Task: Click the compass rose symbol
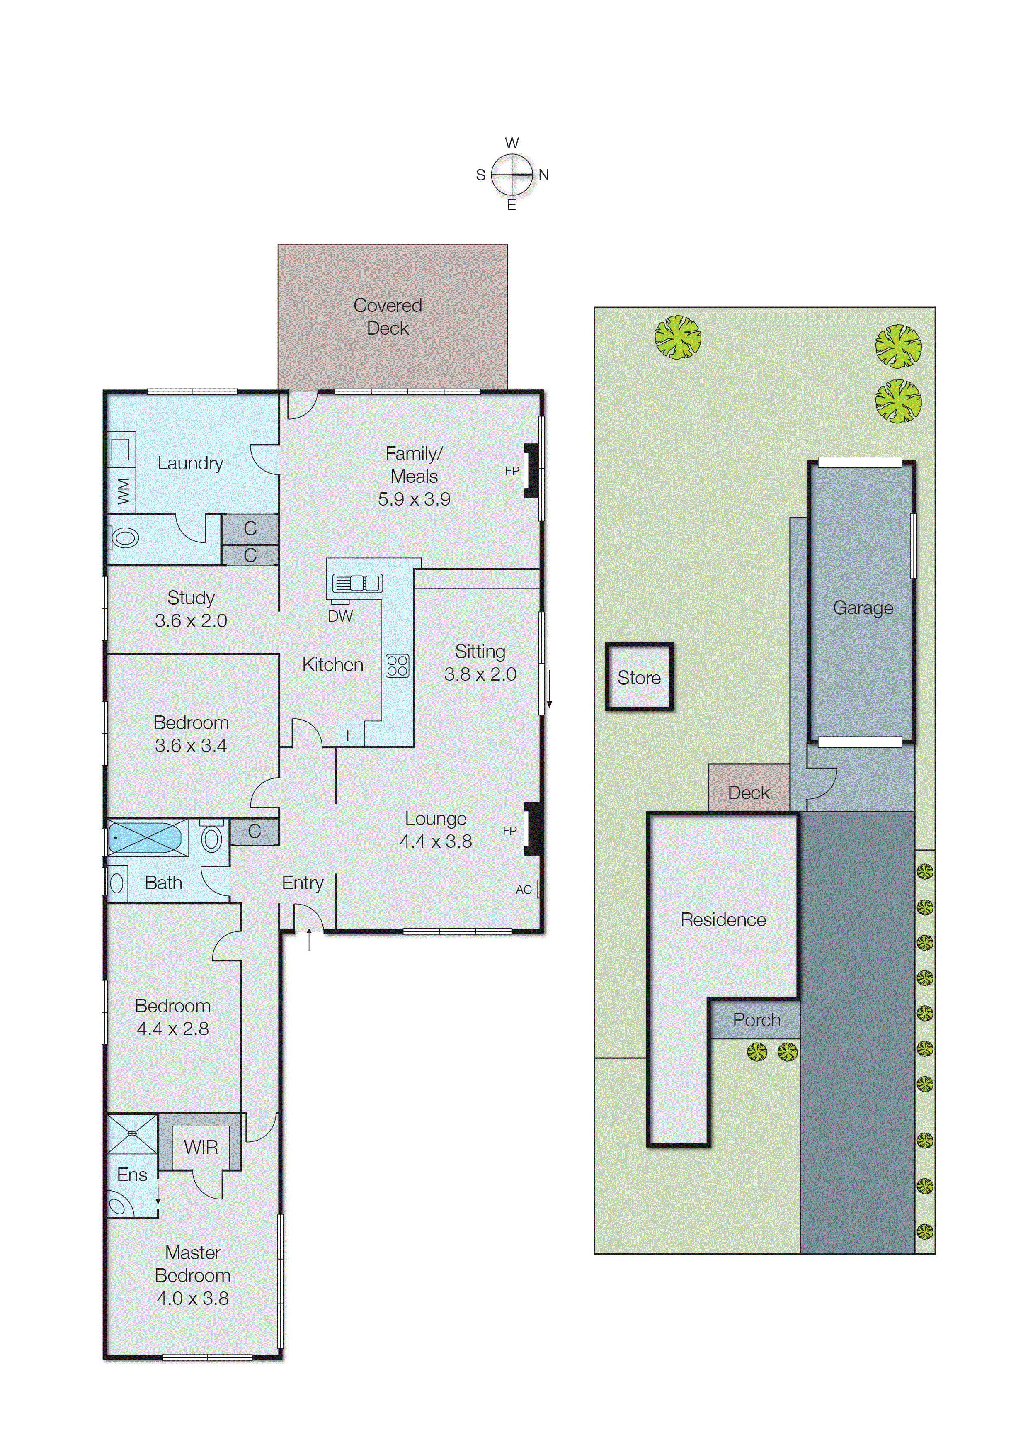click(512, 174)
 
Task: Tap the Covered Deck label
click(388, 316)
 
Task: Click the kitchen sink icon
click(357, 583)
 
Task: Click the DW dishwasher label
click(340, 616)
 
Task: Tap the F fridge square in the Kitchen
click(350, 735)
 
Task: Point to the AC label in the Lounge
click(524, 890)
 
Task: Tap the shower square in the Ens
click(132, 1133)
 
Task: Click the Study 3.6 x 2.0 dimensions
click(191, 620)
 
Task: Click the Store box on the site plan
click(639, 677)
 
